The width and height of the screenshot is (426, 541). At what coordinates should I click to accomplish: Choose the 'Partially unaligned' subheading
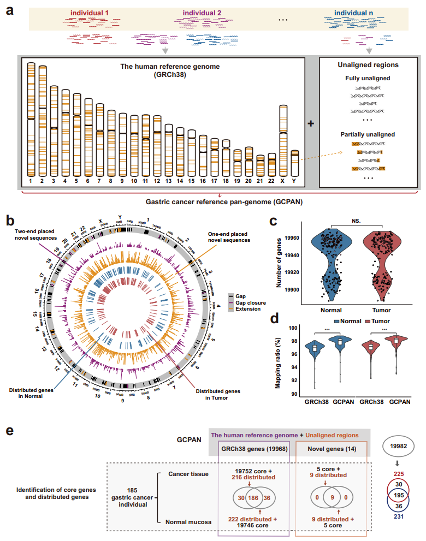369,134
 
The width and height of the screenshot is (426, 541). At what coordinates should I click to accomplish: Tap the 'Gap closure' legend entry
248,302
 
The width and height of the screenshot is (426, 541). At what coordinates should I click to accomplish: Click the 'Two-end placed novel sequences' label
35,235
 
